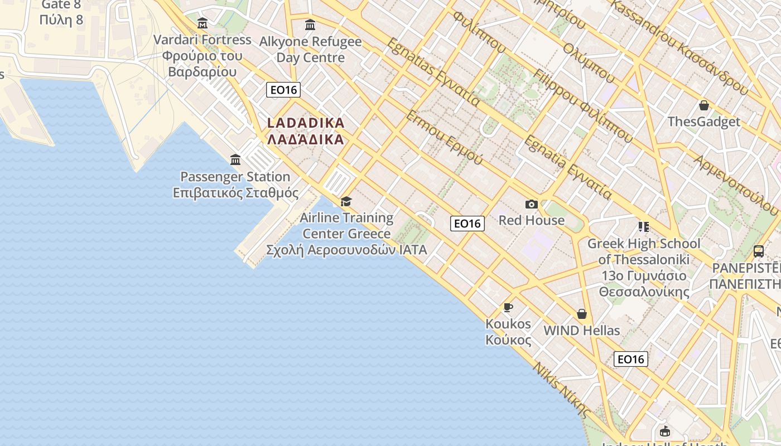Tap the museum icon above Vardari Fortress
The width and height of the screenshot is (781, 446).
203,23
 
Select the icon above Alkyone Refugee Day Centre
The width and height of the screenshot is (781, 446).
310,25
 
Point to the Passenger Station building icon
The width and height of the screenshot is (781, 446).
235,160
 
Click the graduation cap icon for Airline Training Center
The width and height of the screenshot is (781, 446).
346,201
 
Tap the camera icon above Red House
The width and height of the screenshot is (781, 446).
531,205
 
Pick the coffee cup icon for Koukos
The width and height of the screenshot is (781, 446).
508,307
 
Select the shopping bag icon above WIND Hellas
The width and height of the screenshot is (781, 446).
582,314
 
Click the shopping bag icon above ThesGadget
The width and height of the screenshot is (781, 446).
704,105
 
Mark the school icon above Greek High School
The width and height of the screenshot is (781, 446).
644,227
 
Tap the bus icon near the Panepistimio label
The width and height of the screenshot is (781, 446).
759,251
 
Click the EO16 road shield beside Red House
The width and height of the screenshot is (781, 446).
467,224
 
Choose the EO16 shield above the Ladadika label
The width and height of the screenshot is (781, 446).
283,90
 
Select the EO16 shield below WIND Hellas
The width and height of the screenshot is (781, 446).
631,359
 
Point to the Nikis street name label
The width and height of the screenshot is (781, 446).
561,390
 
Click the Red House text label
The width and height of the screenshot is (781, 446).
531,220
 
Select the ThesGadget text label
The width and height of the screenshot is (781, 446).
704,122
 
